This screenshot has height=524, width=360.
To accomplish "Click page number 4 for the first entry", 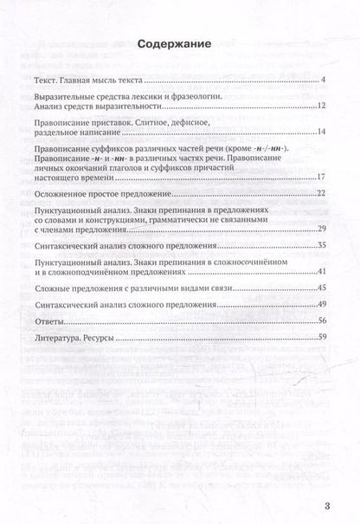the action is pyautogui.click(x=321, y=81).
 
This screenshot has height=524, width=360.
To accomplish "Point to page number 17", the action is pyautogui.click(x=319, y=177).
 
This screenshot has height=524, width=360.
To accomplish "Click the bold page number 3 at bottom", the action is pyautogui.click(x=326, y=506).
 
